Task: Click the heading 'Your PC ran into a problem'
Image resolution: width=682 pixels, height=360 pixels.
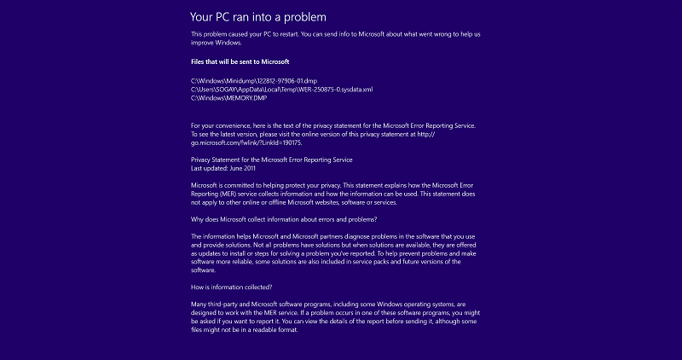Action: (x=257, y=16)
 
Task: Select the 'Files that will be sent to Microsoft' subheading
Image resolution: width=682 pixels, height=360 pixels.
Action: (x=240, y=61)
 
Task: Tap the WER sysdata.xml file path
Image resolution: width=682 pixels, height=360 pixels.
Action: (x=281, y=90)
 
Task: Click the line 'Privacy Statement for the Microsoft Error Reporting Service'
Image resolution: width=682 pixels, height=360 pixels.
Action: (x=271, y=160)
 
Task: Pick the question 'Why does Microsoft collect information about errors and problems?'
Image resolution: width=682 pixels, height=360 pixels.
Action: (x=294, y=219)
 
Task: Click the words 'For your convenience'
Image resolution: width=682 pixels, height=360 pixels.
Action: (x=220, y=125)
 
